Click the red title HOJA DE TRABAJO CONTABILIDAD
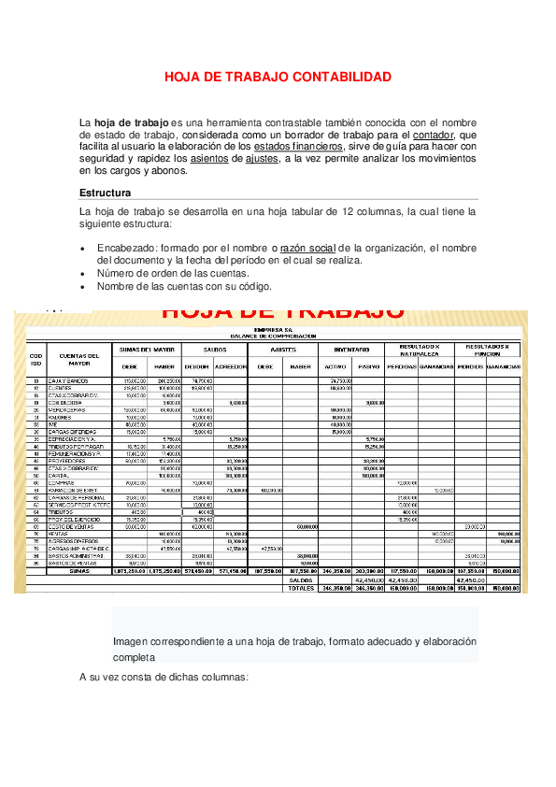tap(278, 77)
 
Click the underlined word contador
tap(433, 135)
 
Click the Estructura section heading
tap(105, 193)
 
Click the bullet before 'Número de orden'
tap(85, 273)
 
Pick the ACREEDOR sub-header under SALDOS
tap(230, 366)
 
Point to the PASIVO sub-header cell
tap(368, 366)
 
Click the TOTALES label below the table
tap(301, 589)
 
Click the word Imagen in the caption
tap(130, 642)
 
